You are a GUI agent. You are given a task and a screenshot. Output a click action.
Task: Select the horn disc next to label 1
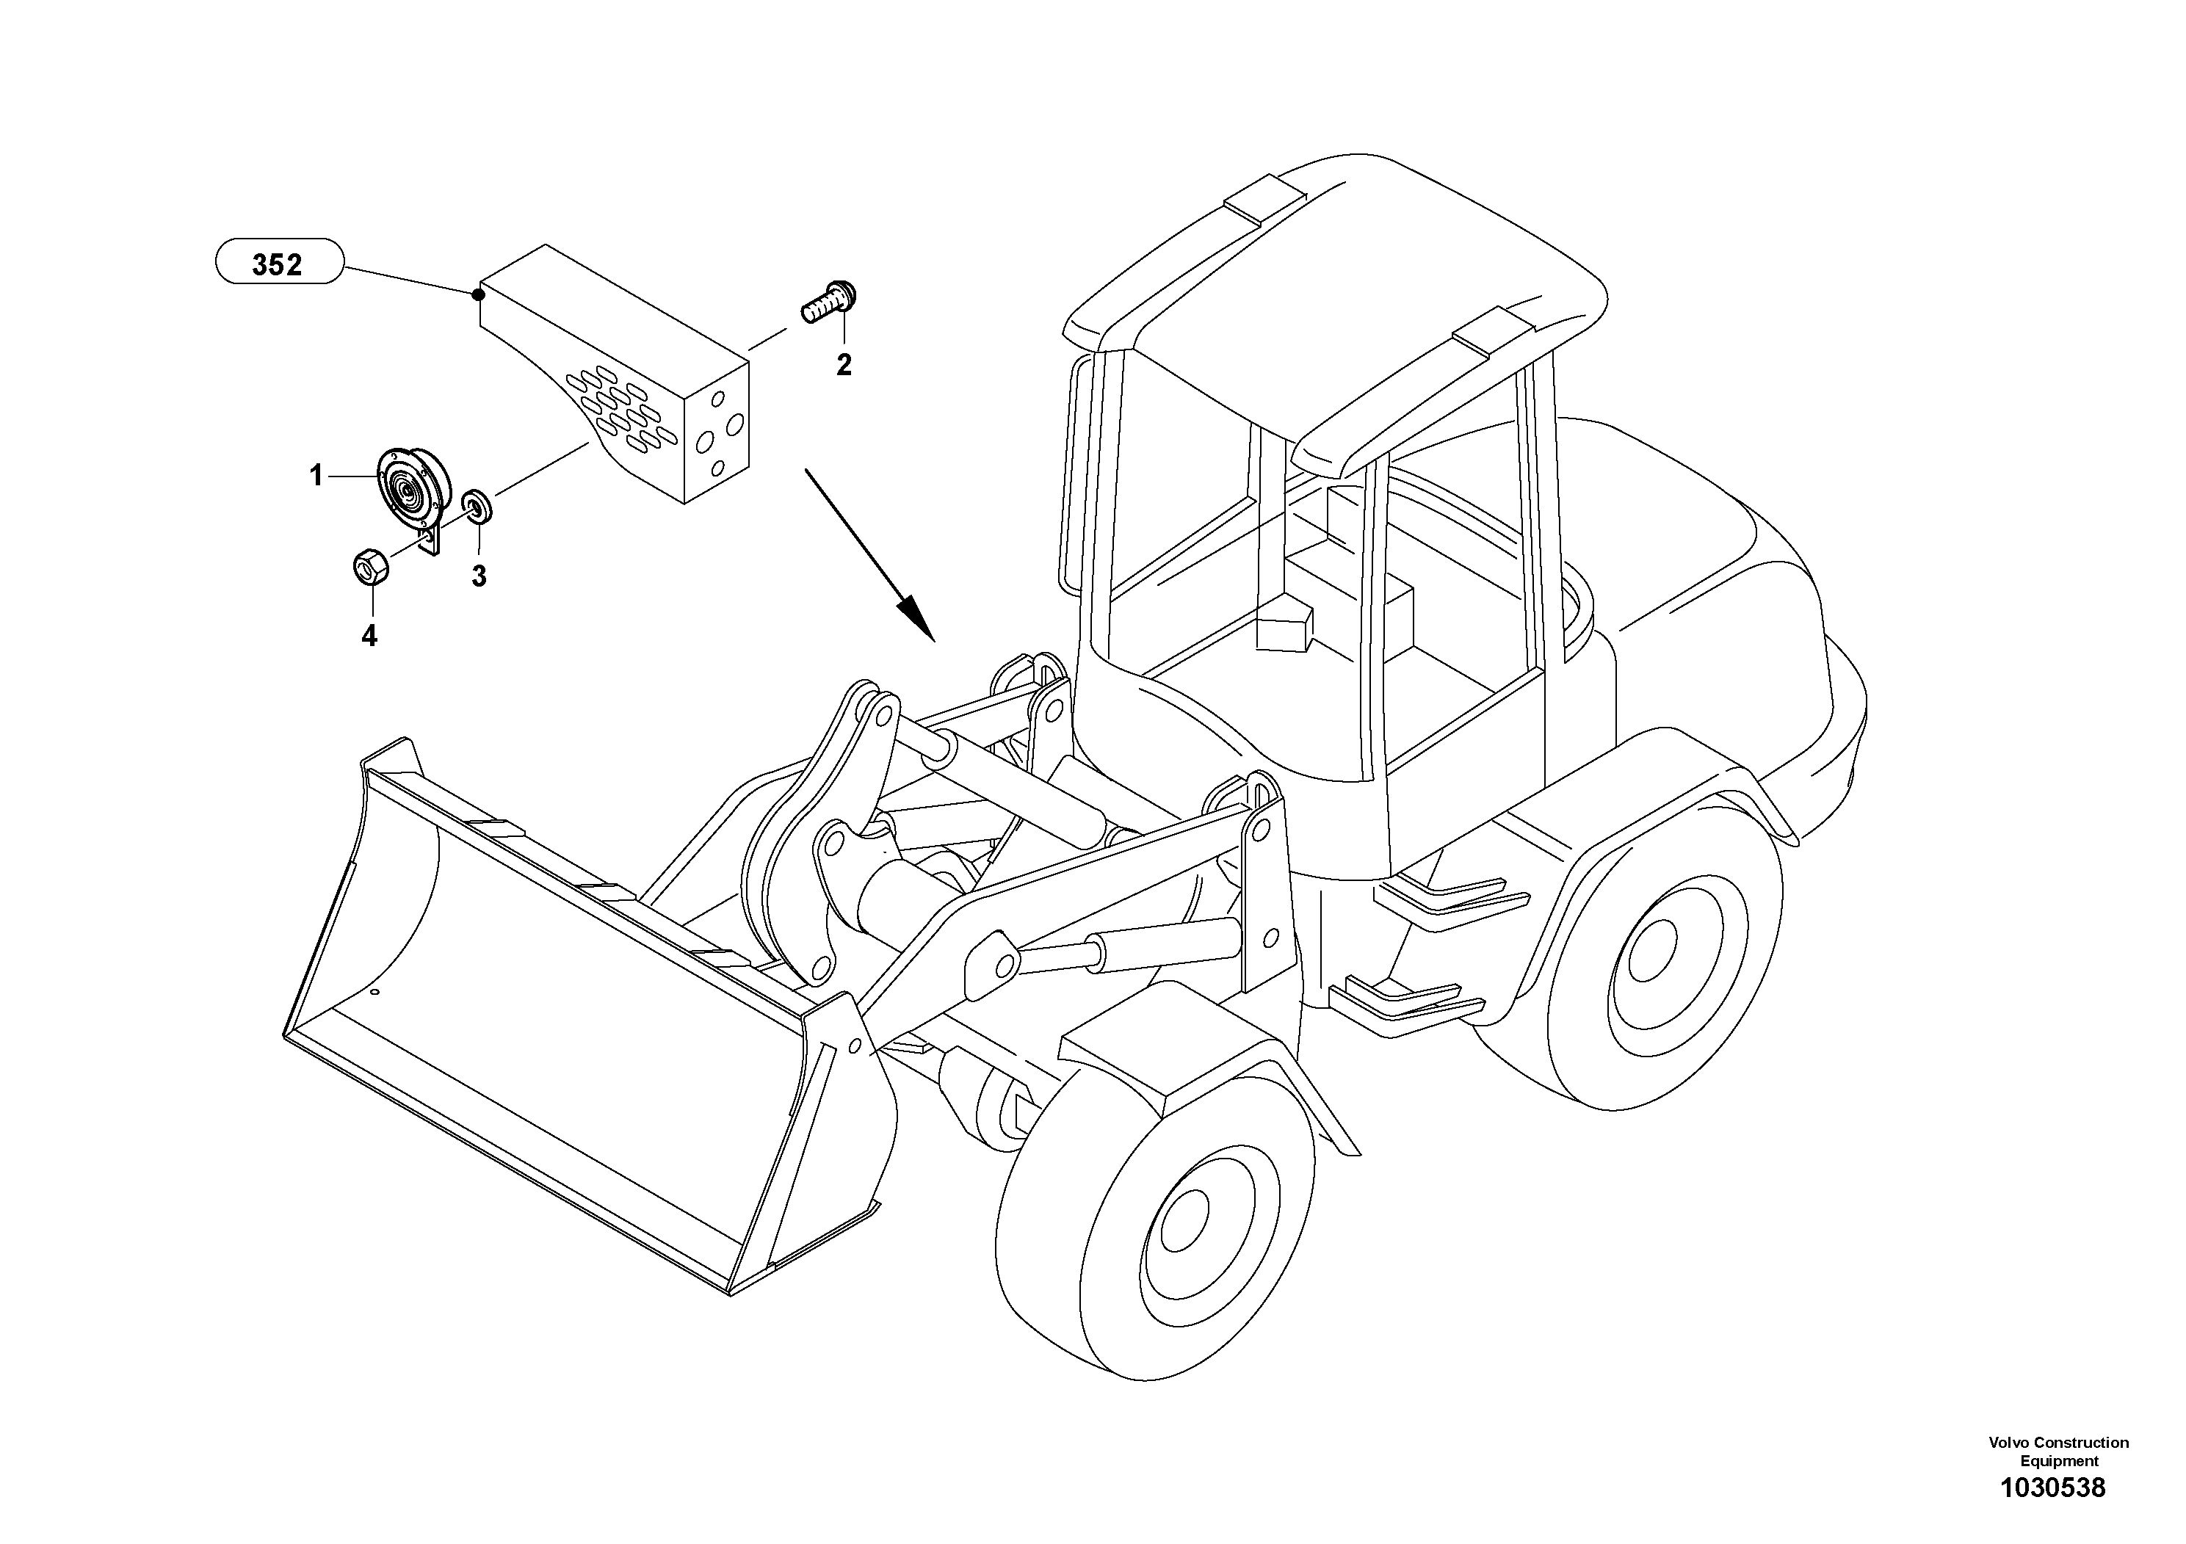pos(411,494)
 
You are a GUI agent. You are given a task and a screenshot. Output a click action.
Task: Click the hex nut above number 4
pos(369,566)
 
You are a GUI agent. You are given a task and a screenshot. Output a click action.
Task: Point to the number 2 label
pos(844,365)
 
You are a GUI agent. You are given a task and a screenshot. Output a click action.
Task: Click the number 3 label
pos(479,576)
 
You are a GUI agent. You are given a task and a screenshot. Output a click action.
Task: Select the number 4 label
pos(369,636)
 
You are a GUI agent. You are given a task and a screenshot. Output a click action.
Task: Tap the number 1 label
pos(316,475)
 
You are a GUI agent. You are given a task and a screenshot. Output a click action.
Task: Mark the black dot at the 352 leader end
pos(478,294)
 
